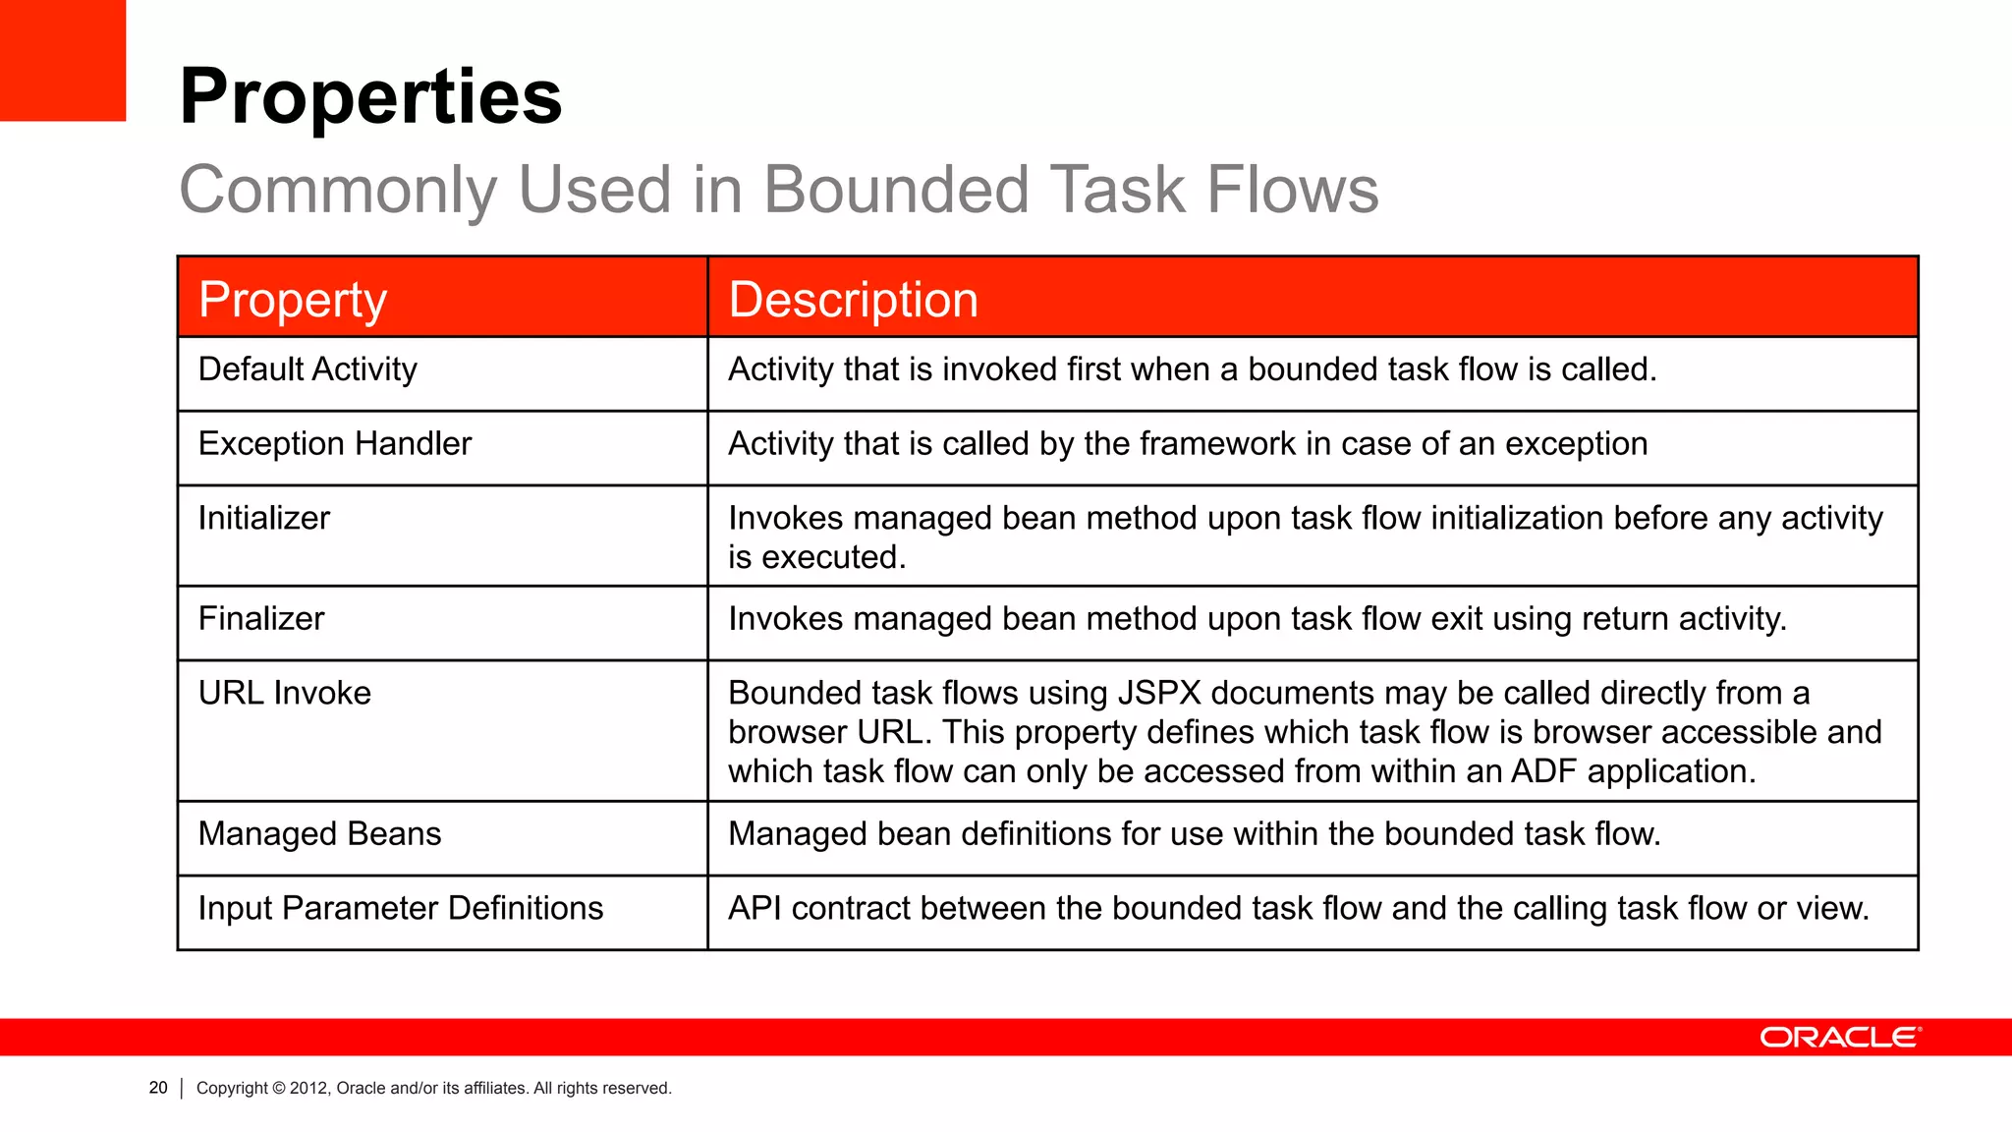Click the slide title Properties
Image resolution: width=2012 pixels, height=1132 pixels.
[x=370, y=96]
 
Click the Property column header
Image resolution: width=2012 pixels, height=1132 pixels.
[x=293, y=299]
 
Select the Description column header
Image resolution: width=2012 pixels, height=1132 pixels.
[x=853, y=299]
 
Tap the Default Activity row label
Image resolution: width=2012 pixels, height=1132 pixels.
[x=307, y=369]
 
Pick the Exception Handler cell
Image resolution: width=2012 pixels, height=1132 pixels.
[x=335, y=444]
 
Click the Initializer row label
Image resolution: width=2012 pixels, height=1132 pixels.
[x=264, y=518]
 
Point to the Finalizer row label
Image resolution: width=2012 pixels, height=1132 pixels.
[x=261, y=619]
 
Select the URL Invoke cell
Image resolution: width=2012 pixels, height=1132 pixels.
[x=285, y=694]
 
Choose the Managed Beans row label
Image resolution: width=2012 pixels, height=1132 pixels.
[x=319, y=834]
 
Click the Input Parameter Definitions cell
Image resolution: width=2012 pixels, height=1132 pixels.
[x=401, y=909]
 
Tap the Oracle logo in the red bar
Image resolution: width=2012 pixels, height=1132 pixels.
[x=1839, y=1038]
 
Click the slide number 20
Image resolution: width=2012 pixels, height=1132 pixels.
[x=158, y=1088]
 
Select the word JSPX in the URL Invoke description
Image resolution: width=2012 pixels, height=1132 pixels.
[x=1159, y=694]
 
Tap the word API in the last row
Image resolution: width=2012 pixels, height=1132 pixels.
[x=754, y=909]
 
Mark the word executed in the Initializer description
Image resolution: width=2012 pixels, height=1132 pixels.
[x=833, y=557]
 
